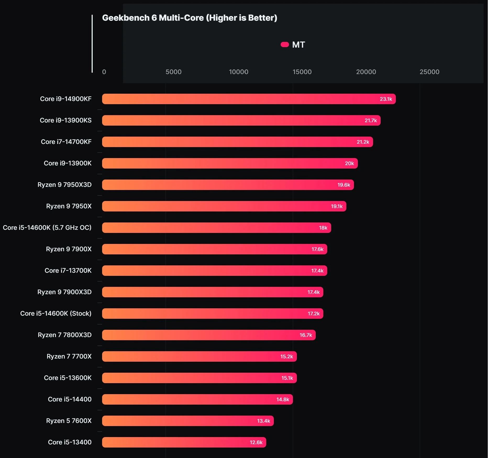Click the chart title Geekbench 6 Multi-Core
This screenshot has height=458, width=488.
pyautogui.click(x=189, y=18)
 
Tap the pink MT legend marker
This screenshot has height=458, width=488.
pyautogui.click(x=285, y=44)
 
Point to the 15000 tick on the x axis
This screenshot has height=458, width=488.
pyautogui.click(x=302, y=72)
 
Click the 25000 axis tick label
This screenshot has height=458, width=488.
pyautogui.click(x=429, y=72)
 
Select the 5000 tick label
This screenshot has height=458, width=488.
pyautogui.click(x=173, y=72)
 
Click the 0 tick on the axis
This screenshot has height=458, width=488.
pyautogui.click(x=104, y=72)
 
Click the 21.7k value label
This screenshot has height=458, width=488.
pyautogui.click(x=370, y=120)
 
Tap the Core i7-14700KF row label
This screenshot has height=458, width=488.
pyautogui.click(x=66, y=142)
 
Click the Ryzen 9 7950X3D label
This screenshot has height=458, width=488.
pyautogui.click(x=64, y=185)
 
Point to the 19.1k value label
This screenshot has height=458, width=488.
pyautogui.click(x=336, y=206)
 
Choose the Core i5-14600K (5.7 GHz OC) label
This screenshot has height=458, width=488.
pyautogui.click(x=47, y=228)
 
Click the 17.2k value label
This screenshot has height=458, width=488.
pyautogui.click(x=313, y=314)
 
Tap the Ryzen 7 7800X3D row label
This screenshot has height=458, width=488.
pyautogui.click(x=64, y=335)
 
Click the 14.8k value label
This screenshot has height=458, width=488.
pyautogui.click(x=282, y=399)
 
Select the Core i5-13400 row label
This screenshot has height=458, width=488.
pyautogui.click(x=70, y=442)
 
